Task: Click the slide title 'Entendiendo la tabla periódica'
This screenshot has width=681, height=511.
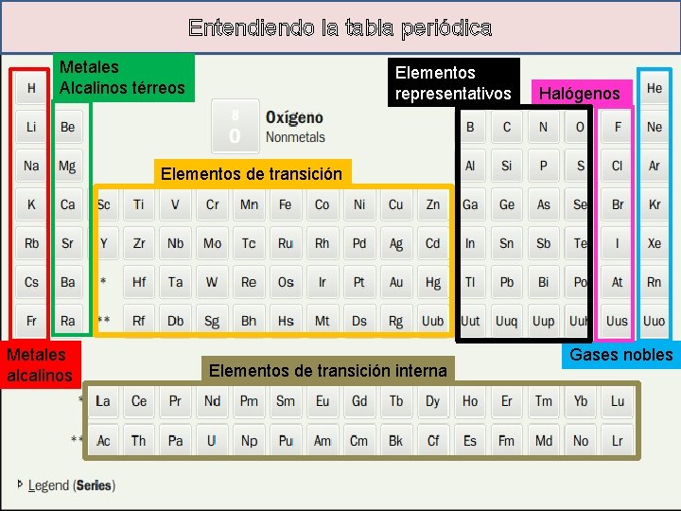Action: click(340, 27)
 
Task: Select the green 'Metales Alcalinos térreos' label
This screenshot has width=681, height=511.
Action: click(123, 78)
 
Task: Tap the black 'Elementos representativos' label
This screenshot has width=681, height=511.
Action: click(453, 83)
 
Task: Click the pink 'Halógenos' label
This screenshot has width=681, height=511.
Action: click(579, 93)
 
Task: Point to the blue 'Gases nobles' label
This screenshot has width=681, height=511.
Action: click(620, 356)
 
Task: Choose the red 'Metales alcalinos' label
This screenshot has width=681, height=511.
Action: click(39, 365)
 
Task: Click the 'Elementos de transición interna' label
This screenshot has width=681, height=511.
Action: click(327, 370)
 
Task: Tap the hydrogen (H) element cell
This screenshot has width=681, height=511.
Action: click(31, 88)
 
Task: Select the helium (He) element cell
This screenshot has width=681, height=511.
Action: click(654, 88)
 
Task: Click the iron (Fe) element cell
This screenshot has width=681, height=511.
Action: click(285, 204)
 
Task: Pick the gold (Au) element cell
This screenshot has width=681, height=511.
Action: click(395, 282)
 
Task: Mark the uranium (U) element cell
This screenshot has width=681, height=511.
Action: click(212, 440)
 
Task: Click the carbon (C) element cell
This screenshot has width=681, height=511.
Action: click(506, 127)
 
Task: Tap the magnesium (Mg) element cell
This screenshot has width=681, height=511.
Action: click(67, 166)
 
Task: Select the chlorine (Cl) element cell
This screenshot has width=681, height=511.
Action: click(617, 166)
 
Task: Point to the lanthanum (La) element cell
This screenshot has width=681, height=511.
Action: click(102, 401)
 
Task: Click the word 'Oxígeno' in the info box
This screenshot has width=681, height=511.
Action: click(294, 118)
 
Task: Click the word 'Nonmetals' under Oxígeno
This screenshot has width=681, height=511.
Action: click(295, 137)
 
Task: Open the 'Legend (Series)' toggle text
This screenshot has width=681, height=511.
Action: click(71, 485)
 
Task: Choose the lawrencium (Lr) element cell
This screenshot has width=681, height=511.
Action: click(617, 440)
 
